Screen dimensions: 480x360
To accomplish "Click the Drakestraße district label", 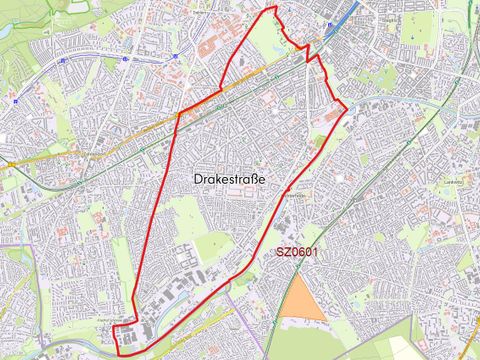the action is pos(232,177).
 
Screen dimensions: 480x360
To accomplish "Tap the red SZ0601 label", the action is pos(297,252).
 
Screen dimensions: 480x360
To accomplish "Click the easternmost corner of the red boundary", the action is pos(346,106).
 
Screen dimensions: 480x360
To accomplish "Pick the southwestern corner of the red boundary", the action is pos(117,352).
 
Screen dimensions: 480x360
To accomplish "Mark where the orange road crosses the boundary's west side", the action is pos(178,115).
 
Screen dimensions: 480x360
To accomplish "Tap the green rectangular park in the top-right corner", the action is pos(420,25).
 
